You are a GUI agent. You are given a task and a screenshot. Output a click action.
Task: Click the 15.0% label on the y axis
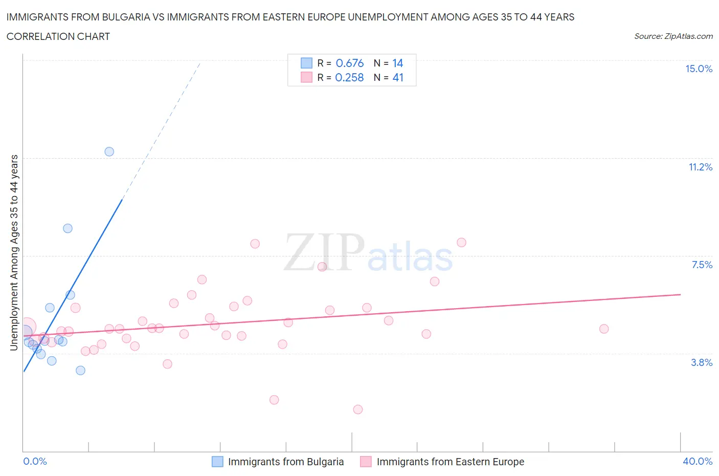tap(699, 69)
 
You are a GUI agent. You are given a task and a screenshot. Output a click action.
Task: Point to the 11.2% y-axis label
tap(700, 167)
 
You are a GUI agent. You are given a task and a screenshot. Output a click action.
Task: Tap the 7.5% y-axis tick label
tap(702, 265)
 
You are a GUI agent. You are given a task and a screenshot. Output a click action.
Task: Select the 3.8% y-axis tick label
tap(702, 363)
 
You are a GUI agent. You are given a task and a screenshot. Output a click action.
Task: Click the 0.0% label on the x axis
tap(35, 462)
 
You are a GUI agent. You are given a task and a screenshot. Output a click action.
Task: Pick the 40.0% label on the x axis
tap(698, 462)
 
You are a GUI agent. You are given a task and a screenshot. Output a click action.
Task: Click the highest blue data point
tap(109, 152)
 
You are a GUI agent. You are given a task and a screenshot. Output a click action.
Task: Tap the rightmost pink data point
tap(604, 329)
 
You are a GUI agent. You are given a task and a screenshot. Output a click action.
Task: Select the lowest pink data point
tap(358, 409)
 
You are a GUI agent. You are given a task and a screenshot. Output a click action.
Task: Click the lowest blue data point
tap(80, 371)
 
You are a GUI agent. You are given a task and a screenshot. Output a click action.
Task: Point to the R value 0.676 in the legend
tap(350, 63)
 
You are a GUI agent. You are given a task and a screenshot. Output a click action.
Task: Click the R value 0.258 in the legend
tap(349, 78)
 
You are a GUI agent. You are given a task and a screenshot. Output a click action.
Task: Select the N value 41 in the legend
tap(398, 78)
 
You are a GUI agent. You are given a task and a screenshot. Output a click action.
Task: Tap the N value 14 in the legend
tap(398, 63)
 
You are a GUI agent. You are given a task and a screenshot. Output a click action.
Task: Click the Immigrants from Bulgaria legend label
tap(286, 462)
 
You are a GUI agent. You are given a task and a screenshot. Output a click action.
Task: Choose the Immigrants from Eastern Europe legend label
tap(451, 462)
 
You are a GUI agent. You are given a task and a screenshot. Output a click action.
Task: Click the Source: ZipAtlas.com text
tap(673, 36)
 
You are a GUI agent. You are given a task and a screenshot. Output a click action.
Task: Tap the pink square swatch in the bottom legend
tap(366, 462)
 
